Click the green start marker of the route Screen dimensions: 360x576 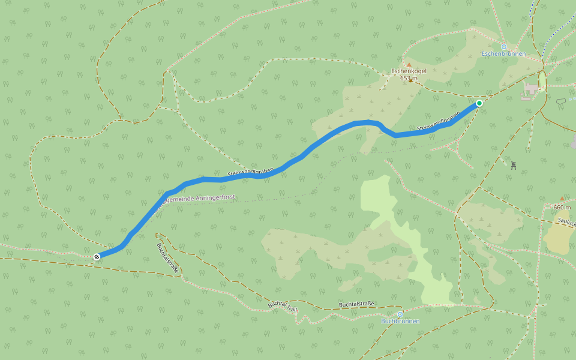tap(479, 103)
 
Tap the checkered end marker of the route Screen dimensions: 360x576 tap(97, 257)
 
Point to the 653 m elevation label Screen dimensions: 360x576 tap(408, 78)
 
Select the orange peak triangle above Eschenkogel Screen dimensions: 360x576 tap(409, 64)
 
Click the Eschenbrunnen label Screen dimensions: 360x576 tap(503, 54)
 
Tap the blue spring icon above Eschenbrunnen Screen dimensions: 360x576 tap(503, 46)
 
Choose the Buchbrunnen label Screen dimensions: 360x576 tap(400, 321)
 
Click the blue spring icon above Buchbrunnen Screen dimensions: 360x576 tap(400, 314)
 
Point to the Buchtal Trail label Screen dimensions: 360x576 tap(283, 307)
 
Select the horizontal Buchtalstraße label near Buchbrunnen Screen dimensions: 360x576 tap(356, 304)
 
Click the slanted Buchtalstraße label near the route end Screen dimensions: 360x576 tap(168, 258)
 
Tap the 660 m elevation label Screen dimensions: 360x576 tap(562, 207)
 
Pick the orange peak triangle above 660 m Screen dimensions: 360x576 tap(562, 199)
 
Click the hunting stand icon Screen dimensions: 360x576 tap(514, 165)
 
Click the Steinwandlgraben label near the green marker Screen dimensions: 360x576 tap(438, 122)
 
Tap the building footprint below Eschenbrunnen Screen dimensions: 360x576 tap(532, 89)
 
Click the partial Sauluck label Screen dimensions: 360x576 tap(566, 221)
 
